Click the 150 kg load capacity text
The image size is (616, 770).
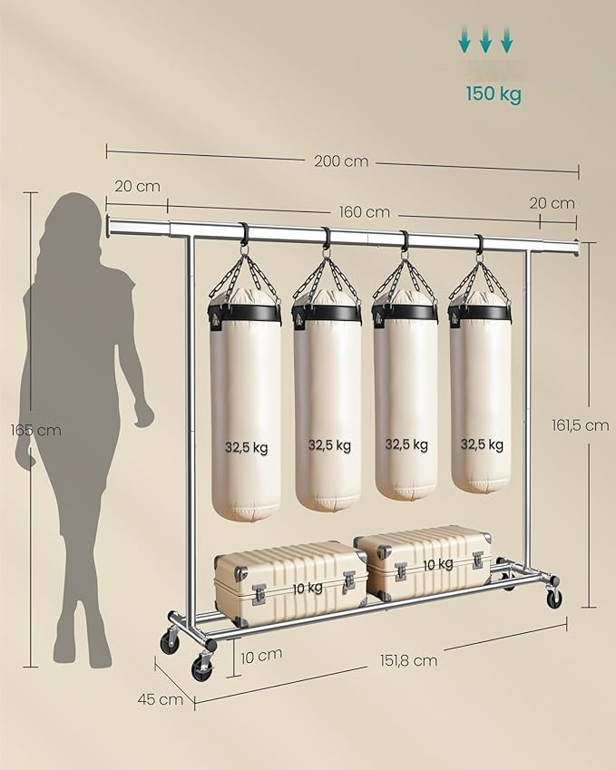click(x=494, y=93)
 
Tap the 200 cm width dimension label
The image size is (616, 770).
click(x=341, y=161)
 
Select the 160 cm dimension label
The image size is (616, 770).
click(x=365, y=212)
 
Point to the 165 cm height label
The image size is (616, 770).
click(x=36, y=430)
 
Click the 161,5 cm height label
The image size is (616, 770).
click(x=580, y=424)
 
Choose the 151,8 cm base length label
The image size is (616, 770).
click(x=408, y=660)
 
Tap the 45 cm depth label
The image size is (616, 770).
click(x=161, y=698)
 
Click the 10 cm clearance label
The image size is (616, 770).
click(x=261, y=656)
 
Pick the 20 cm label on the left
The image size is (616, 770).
click(x=138, y=187)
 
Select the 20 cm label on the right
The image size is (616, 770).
click(x=552, y=203)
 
